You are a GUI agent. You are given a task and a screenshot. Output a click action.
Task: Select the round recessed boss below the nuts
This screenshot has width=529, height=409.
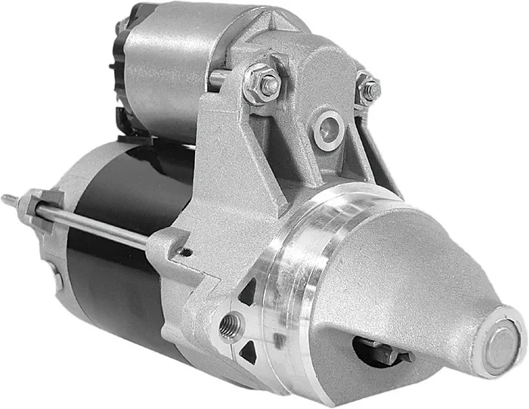329,129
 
